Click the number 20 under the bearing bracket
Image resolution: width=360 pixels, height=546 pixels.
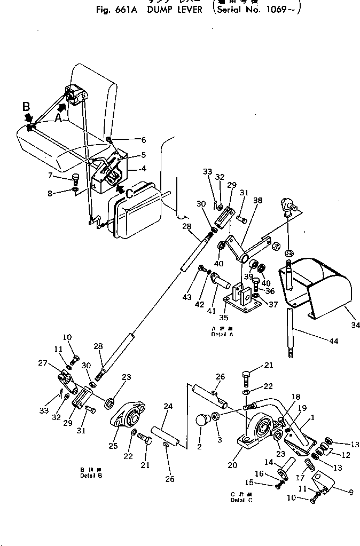[x=232, y=465]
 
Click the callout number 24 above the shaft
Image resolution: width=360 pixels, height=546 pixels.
[x=168, y=407]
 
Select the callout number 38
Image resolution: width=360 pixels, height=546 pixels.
[x=258, y=201]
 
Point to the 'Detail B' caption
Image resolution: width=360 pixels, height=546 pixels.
[x=88, y=476]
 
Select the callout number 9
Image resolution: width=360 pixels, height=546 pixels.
[x=350, y=493]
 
